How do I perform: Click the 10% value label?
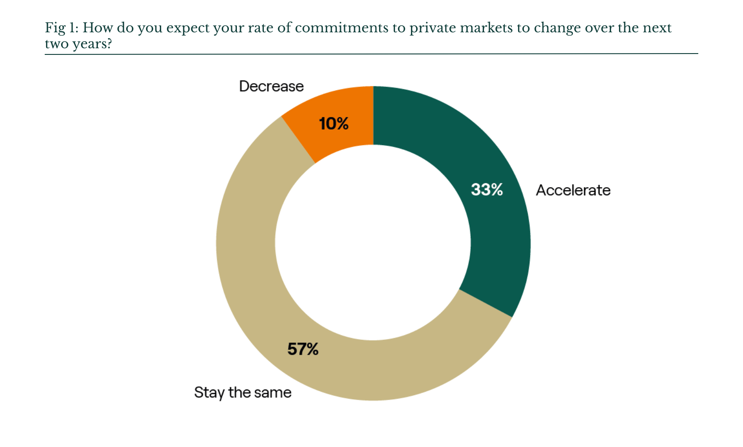pos(334,123)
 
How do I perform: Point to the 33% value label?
pos(487,190)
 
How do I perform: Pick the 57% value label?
pos(303,349)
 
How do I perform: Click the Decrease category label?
pos(271,86)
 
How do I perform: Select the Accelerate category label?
pos(573,190)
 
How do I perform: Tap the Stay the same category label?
pos(243,393)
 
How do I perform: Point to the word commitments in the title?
pos(341,28)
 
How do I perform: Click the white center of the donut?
pos(373,243)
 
